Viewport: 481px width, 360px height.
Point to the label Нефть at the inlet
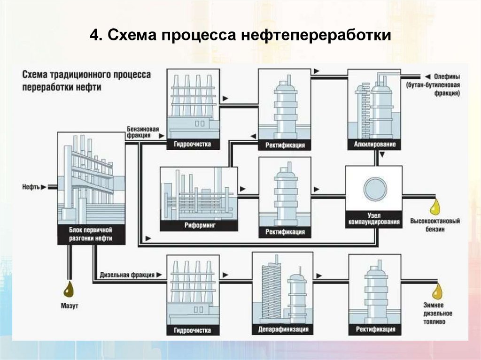point(30,187)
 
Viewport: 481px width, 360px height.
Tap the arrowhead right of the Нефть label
point(44,187)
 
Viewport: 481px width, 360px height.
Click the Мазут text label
point(69,306)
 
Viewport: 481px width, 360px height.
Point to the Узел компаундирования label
point(374,218)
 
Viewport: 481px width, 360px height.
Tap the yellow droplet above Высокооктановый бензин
point(436,206)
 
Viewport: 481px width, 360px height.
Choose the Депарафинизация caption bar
point(283,329)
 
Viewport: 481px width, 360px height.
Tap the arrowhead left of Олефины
point(427,77)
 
